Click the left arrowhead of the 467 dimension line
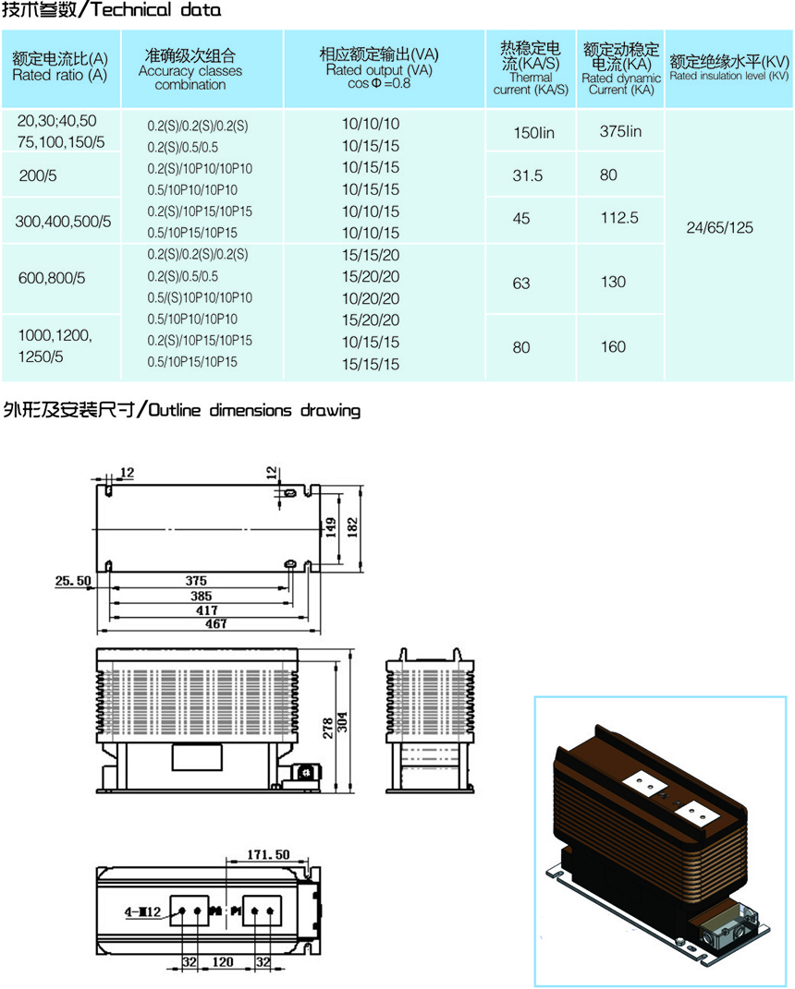tap(99, 631)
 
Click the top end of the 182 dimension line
tap(361, 487)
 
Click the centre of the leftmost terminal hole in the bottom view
tap(182, 911)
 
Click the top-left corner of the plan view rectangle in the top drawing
tap(97, 485)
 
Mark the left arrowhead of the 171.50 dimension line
tap(228, 861)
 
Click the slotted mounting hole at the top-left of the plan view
tap(108, 489)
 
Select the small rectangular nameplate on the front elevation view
tap(197, 757)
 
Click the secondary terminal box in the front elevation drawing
tap(306, 772)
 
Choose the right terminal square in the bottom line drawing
tap(262, 911)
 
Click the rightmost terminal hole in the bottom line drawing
tap(270, 911)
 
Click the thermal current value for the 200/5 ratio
tap(527, 175)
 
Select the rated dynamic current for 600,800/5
tap(613, 282)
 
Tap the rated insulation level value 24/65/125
tap(720, 228)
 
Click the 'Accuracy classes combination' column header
tap(190, 69)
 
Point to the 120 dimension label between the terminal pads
tap(222, 962)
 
